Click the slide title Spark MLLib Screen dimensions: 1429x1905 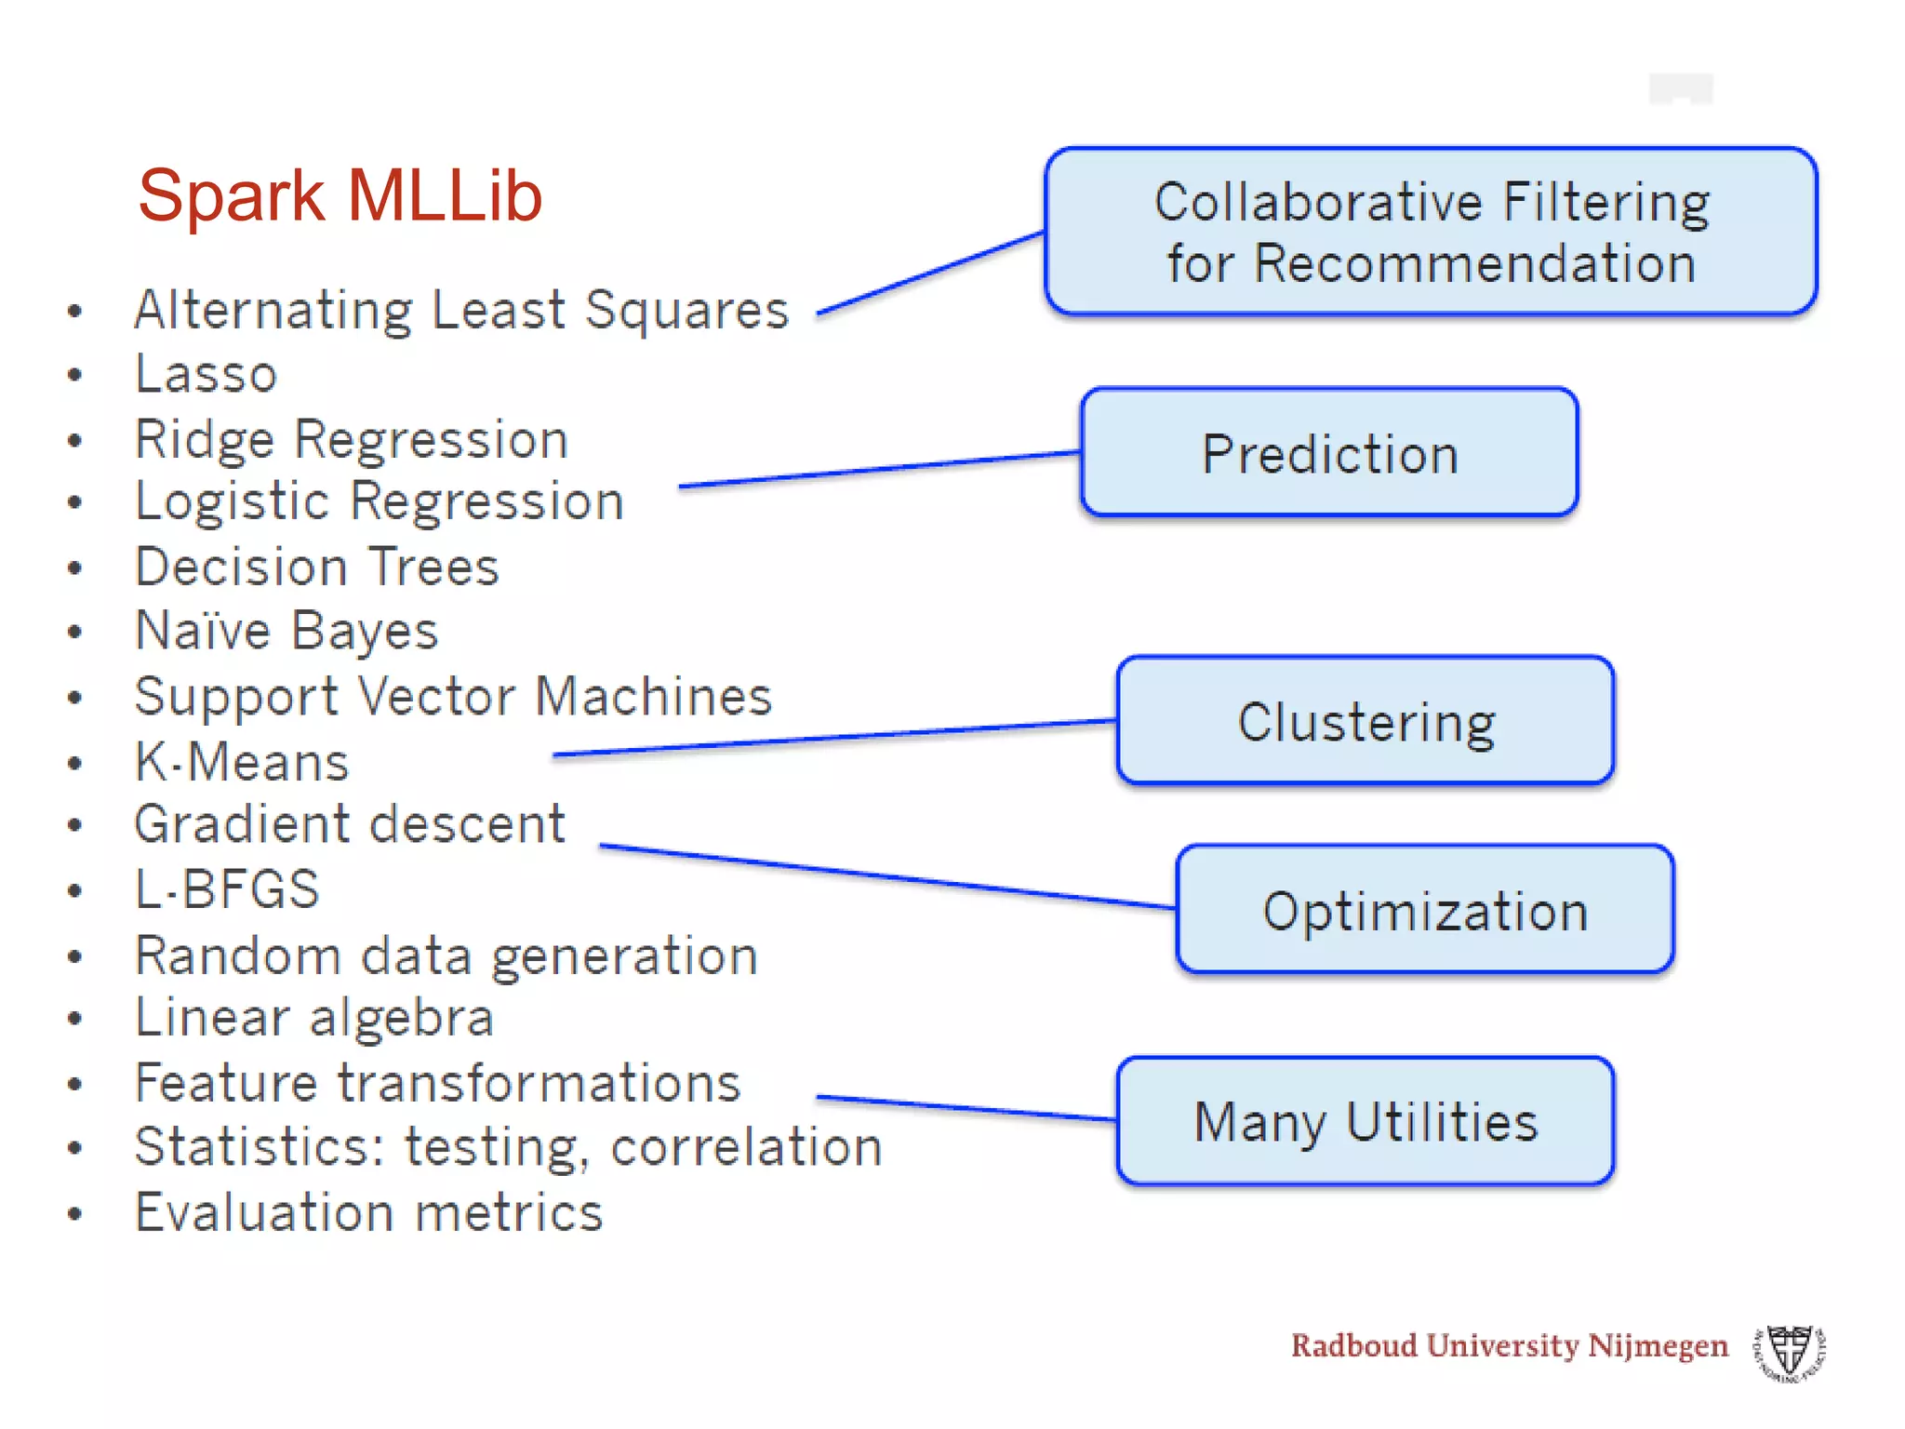[x=340, y=196]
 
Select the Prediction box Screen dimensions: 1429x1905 [x=1329, y=453]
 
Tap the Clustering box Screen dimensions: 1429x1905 [x=1365, y=721]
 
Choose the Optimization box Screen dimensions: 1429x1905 [x=1424, y=910]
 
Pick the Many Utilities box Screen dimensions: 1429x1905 [x=1365, y=1121]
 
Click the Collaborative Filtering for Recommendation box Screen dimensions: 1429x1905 [x=1431, y=232]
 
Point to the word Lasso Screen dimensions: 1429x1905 [x=206, y=374]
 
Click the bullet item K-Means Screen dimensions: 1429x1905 [x=242, y=762]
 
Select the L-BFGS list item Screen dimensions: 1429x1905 [x=227, y=889]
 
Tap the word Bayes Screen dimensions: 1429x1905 [x=364, y=632]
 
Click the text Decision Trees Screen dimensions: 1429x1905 [x=317, y=567]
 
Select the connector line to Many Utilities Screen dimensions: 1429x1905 [x=966, y=1108]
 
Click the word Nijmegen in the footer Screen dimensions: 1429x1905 [x=1658, y=1346]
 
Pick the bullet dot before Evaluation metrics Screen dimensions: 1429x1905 [x=75, y=1213]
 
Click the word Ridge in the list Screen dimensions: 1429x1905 [x=205, y=439]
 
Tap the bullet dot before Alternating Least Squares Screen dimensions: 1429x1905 [x=75, y=311]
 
